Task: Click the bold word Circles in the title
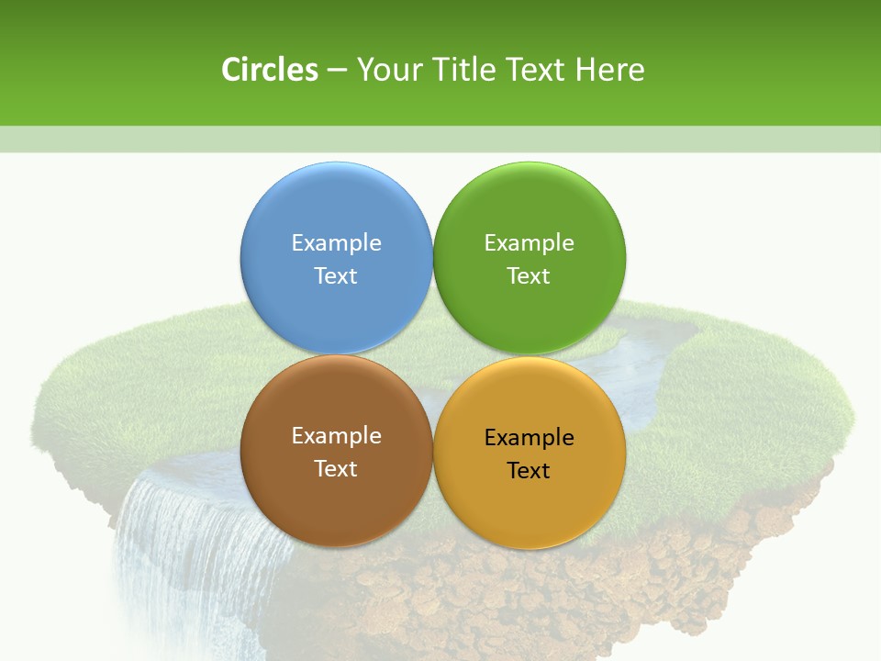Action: click(x=270, y=70)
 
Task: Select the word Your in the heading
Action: click(x=387, y=70)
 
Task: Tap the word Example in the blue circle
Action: click(x=336, y=242)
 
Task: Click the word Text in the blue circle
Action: click(x=336, y=275)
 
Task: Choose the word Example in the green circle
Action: click(x=529, y=242)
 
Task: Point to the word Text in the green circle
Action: click(x=529, y=275)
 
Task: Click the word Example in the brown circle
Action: click(x=336, y=435)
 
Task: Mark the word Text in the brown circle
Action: click(x=336, y=468)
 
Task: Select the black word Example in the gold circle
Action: click(x=529, y=437)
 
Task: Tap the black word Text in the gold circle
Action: click(x=529, y=470)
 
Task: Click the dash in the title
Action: click(x=337, y=71)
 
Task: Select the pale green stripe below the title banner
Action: click(x=440, y=139)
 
